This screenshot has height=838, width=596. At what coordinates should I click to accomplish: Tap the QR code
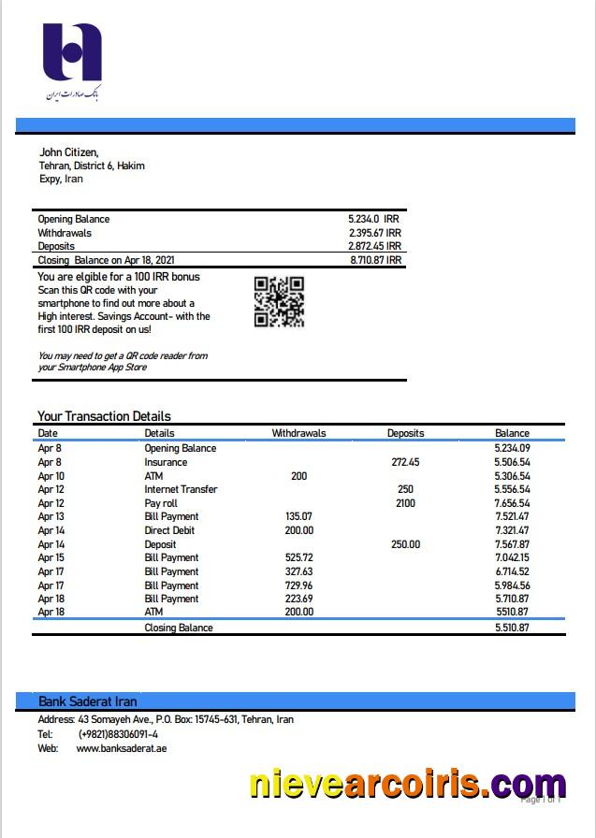point(279,301)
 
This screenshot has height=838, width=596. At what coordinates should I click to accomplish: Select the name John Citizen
point(68,152)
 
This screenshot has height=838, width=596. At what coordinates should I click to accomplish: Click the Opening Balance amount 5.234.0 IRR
point(373,220)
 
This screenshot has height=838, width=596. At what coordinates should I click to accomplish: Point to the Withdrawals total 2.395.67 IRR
point(374,233)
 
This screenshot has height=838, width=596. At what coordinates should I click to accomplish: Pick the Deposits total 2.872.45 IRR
point(374,246)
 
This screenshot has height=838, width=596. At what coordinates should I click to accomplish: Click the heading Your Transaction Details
point(104,416)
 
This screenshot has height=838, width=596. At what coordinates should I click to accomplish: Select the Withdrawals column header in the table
point(298,433)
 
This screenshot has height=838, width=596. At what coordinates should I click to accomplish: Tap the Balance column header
point(512,433)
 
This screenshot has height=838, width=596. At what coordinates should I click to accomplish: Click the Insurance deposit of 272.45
point(405,462)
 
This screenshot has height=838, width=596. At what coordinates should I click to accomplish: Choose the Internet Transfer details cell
point(181,489)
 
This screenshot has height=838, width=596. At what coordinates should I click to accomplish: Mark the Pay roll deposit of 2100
point(405,503)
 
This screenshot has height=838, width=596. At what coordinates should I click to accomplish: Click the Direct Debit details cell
point(169,530)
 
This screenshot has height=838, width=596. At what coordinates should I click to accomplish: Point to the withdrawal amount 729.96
point(298,585)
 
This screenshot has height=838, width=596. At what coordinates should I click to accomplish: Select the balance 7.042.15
point(512,557)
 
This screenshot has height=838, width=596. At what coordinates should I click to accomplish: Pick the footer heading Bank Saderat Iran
point(88,701)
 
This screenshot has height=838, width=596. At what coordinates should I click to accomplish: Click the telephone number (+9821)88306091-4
point(118,734)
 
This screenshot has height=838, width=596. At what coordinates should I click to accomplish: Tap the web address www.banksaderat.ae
point(122,748)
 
